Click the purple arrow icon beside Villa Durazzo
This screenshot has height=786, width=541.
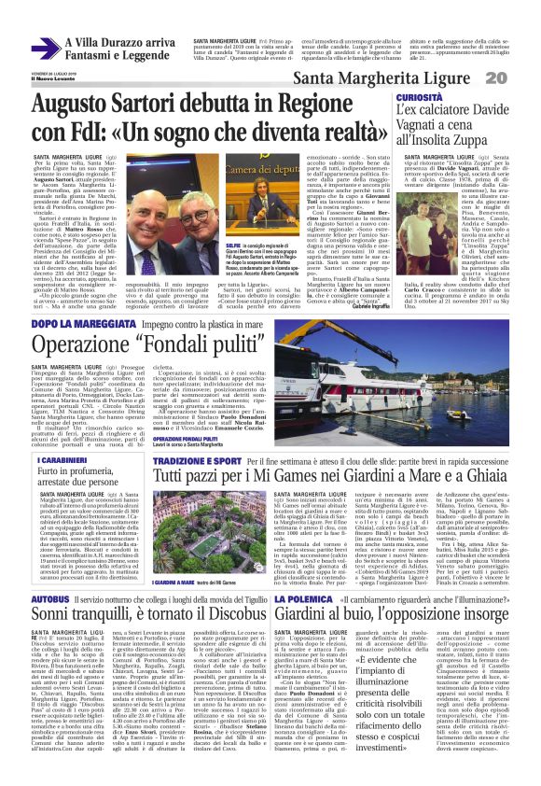pos(45,48)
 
